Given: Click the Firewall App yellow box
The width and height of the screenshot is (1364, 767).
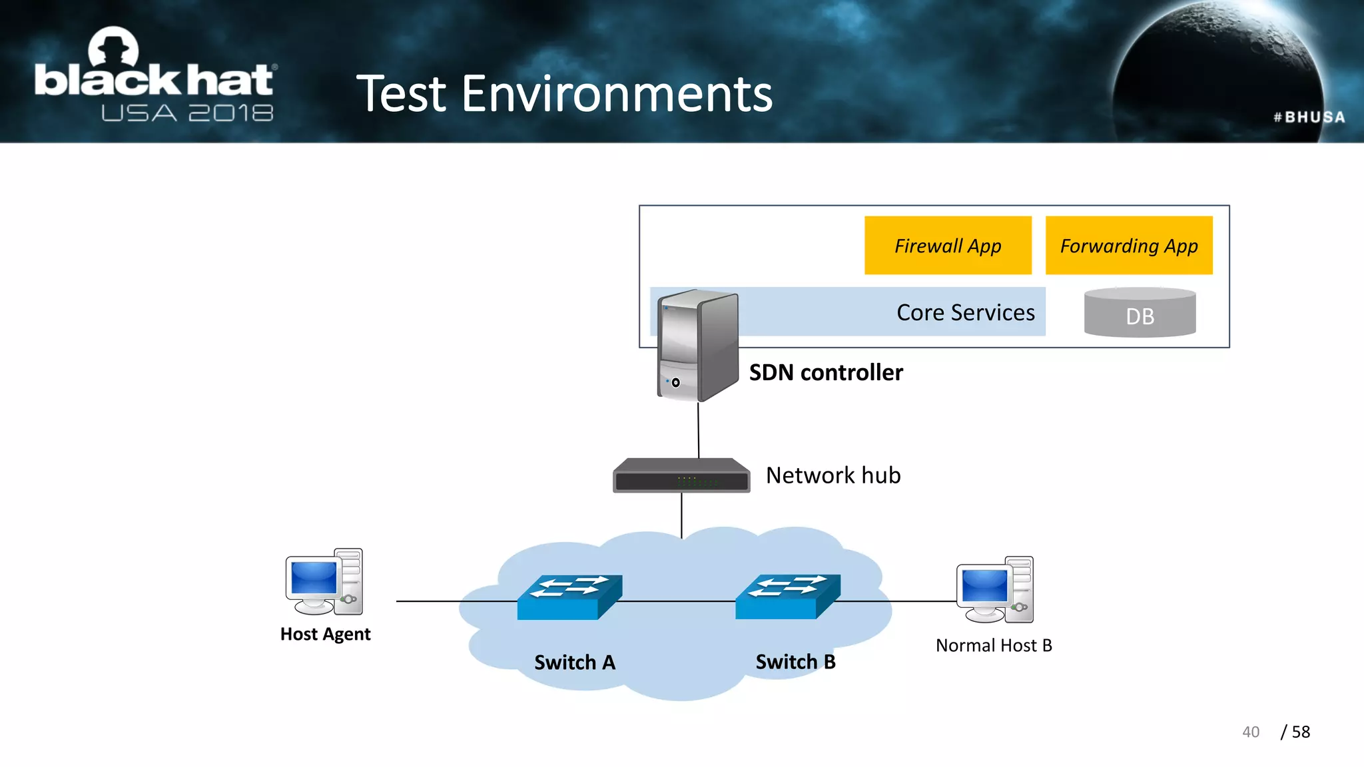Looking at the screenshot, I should click(947, 245).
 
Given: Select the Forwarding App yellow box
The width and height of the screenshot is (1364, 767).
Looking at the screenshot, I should click(1128, 245).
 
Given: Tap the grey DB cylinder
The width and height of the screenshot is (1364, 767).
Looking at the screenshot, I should click(1140, 313).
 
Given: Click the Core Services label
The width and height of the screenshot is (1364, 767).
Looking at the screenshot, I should click(965, 312).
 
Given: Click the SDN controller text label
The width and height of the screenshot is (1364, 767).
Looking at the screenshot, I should click(826, 372).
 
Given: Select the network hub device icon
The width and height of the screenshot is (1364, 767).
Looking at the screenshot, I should click(681, 475).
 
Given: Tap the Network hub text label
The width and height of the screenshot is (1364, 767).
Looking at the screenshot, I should click(833, 475).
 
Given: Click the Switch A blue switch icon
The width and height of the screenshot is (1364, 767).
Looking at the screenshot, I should click(569, 597).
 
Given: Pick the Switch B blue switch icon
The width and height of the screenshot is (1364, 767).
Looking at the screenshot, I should click(788, 596).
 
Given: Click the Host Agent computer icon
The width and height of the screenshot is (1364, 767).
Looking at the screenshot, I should click(324, 582).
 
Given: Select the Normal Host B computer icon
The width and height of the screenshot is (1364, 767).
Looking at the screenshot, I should click(995, 590).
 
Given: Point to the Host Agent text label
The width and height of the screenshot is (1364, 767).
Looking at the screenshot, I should click(325, 634).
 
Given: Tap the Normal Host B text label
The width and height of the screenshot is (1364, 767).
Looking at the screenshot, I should click(994, 645).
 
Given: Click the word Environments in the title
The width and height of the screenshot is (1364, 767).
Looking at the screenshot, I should click(617, 94).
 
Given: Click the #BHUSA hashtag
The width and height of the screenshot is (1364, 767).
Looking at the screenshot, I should click(1309, 117).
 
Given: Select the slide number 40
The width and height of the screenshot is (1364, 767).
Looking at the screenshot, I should click(1250, 732).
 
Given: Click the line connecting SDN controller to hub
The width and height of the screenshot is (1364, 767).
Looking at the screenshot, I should click(698, 430).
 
